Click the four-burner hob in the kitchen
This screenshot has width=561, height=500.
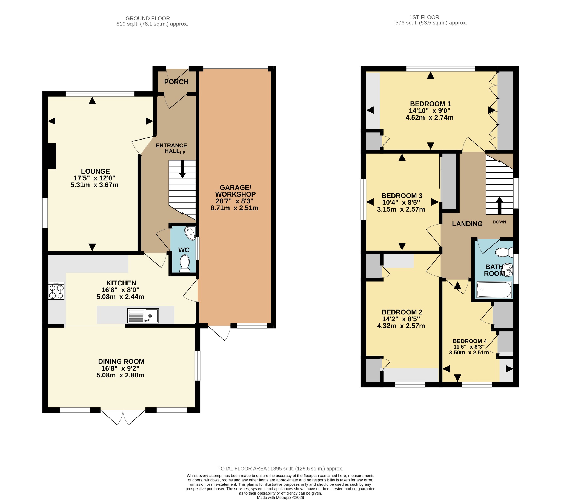[x=56, y=291]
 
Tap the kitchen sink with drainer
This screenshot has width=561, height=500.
[x=143, y=316]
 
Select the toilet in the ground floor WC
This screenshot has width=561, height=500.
[x=185, y=263]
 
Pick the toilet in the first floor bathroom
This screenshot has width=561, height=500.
[x=505, y=252]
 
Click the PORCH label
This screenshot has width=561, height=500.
[x=176, y=82]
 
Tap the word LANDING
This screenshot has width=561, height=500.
[x=467, y=224]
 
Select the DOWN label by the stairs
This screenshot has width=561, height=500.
[x=499, y=222]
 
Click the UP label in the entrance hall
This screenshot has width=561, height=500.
[x=182, y=152]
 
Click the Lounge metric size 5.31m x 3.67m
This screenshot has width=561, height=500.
[x=95, y=185]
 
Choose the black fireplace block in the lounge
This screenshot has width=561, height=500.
[x=52, y=156]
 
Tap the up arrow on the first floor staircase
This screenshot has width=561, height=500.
[x=499, y=206]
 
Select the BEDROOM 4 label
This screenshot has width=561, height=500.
[x=470, y=341]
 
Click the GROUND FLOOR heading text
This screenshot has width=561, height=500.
[x=148, y=18]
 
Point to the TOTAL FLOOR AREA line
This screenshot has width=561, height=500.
[x=280, y=468]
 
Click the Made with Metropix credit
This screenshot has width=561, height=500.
[x=280, y=498]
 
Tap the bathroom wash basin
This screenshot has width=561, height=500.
[x=508, y=269]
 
